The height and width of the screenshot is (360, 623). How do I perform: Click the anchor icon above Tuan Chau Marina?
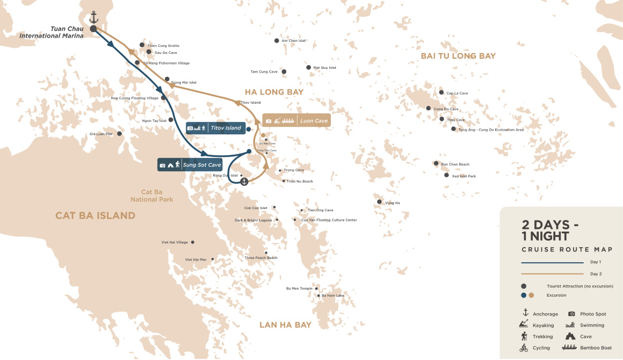pos(93,17)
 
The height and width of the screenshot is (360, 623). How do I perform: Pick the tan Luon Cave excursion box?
pos(296,121)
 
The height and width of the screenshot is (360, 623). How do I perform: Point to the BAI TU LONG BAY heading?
pos(458,56)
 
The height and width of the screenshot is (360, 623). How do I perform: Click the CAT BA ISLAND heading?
pos(95,215)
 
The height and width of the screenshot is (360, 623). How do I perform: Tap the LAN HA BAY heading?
pos(285,325)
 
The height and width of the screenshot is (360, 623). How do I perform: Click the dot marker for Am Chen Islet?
pos(276,40)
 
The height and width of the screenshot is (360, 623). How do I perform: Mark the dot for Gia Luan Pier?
pos(119,134)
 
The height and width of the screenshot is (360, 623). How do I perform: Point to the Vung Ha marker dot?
pos(379,203)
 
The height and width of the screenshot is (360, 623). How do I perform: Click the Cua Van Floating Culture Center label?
pos(329,220)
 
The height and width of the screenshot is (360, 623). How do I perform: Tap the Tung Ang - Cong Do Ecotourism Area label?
pos(491,129)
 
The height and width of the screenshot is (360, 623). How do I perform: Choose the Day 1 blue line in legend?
pos(552,263)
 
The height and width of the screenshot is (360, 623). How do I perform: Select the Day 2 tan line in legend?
pos(552,273)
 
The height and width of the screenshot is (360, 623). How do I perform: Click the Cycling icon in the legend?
pos(524,348)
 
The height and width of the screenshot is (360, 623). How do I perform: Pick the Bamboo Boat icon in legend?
pos(573,348)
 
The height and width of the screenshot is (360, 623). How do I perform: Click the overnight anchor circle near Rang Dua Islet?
pos(244,182)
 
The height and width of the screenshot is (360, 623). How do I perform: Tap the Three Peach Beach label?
pos(261,258)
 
